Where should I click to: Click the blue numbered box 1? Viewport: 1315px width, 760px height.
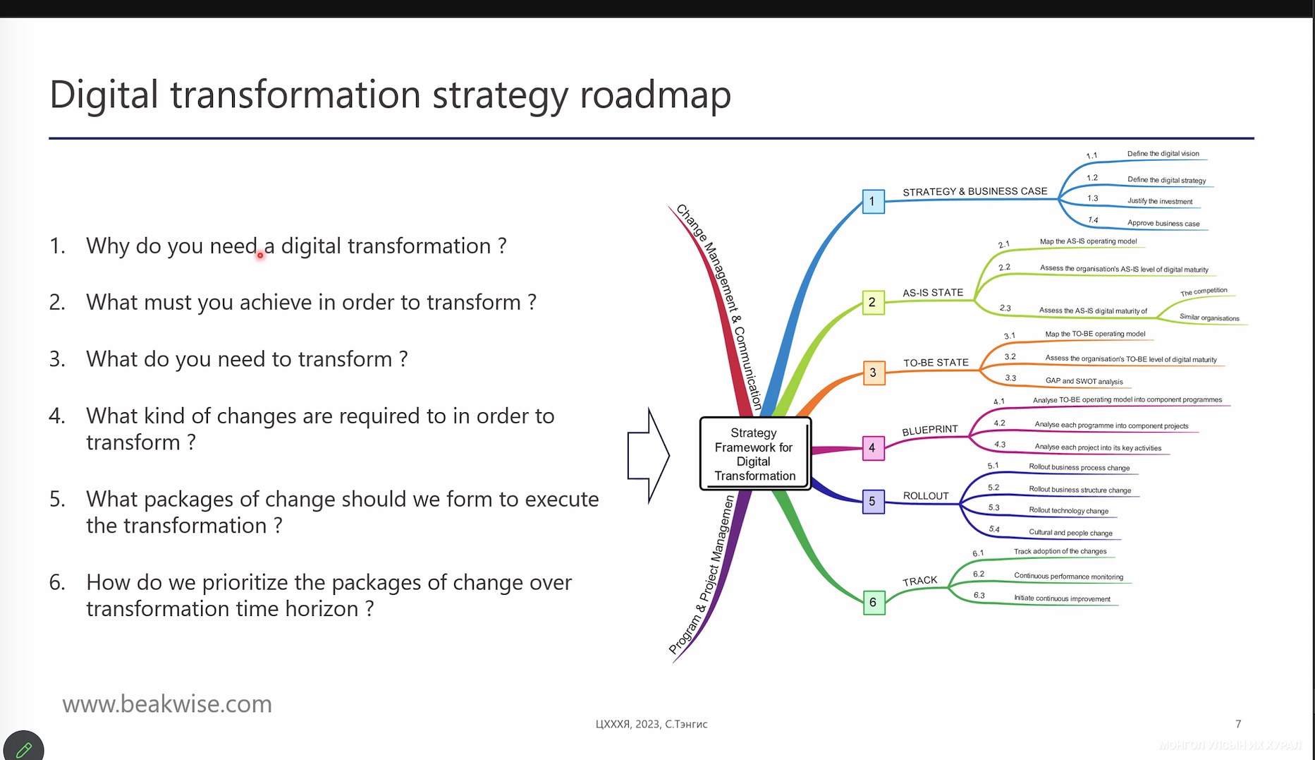coord(873,202)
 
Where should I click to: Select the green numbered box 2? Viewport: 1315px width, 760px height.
coord(873,303)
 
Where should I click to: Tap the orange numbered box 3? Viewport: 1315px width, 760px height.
coord(874,373)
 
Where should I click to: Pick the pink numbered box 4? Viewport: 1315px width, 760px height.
coord(873,448)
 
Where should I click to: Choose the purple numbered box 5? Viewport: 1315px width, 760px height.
coord(873,502)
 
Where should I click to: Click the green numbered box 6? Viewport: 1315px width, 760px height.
coord(874,603)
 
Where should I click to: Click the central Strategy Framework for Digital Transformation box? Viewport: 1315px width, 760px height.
coord(755,454)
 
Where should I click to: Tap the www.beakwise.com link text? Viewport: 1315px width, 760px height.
coord(167,704)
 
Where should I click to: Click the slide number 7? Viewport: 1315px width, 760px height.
coord(1238,724)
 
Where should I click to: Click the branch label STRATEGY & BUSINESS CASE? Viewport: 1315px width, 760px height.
coord(975,191)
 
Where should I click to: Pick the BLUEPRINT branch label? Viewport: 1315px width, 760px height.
coord(930,430)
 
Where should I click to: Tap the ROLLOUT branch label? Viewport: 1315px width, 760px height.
coord(926,496)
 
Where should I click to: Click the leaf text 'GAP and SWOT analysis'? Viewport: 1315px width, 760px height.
coord(1084,381)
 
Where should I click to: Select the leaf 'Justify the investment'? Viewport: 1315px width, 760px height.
coord(1160,201)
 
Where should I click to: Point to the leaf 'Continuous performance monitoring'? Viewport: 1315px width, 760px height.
coord(1068,577)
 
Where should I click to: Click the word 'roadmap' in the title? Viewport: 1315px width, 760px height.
coord(655,95)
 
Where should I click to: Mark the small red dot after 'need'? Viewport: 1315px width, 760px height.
coord(260,255)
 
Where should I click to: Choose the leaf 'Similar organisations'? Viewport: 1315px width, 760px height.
coord(1209,318)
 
